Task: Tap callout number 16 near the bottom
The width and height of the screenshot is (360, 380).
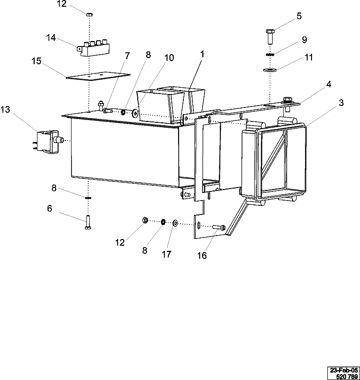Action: click(x=202, y=256)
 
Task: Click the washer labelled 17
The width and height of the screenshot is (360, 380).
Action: click(x=175, y=223)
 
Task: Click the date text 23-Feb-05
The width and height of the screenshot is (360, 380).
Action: click(x=343, y=370)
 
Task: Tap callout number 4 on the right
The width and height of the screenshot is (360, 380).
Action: click(x=329, y=84)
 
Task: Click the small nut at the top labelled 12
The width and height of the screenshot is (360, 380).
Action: click(x=89, y=15)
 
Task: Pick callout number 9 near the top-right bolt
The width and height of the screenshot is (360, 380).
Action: click(x=304, y=39)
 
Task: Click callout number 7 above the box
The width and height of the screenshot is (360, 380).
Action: click(x=127, y=56)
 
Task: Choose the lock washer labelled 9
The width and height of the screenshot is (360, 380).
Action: click(x=270, y=54)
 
